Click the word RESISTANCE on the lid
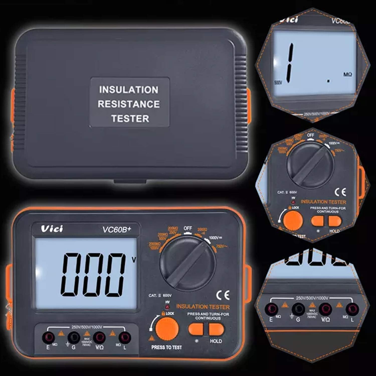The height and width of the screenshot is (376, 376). [129, 104]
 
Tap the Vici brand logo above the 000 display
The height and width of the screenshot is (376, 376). [52, 229]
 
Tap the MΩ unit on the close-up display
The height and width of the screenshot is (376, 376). [347, 74]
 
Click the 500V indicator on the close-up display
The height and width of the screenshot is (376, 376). [278, 82]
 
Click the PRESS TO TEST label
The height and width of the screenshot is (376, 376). [166, 347]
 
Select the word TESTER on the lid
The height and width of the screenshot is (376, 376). [130, 119]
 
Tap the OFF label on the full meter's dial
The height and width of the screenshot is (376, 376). [188, 228]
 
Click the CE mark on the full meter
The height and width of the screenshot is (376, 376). [223, 295]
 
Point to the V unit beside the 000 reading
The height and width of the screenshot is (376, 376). [134, 260]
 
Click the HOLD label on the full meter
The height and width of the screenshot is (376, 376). [216, 341]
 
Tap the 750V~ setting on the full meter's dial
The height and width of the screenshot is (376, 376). [222, 246]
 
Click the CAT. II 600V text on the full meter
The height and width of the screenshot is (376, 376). [160, 296]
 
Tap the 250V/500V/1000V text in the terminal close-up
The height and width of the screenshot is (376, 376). [312, 298]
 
